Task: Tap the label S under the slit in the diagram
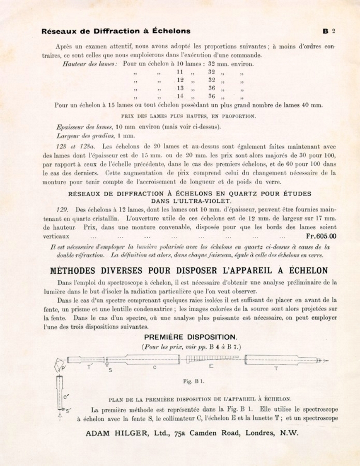tap(110, 369)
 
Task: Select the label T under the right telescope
tap(276, 368)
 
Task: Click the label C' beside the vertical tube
tap(65, 396)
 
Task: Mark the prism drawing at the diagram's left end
tap(58, 365)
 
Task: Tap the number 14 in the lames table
tap(180, 96)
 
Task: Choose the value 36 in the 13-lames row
tap(212, 88)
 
